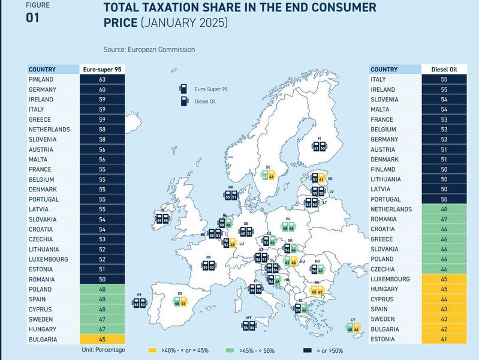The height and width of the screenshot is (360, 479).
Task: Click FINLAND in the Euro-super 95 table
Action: (x=41, y=79)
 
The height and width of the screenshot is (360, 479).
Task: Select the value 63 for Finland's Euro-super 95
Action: (x=102, y=79)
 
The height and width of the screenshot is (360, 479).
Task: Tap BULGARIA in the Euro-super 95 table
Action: (x=43, y=339)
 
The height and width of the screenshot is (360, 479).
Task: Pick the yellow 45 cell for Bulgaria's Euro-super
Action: (x=102, y=339)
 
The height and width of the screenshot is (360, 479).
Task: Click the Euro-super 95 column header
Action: (x=102, y=69)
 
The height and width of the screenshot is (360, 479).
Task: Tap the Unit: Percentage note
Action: (x=103, y=349)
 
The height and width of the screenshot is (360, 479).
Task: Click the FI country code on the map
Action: (x=320, y=138)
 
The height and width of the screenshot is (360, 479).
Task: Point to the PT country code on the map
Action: (x=139, y=295)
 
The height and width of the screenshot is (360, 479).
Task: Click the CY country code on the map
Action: (x=353, y=320)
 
